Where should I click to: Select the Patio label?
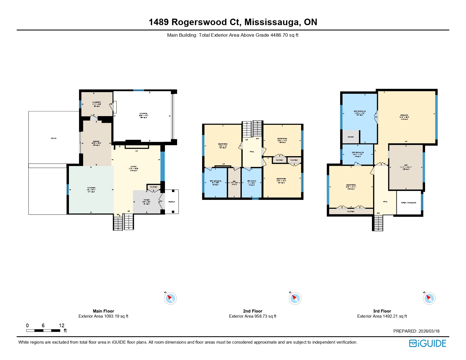(54, 138)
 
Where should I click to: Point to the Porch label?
(172, 202)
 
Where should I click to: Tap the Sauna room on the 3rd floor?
(350, 137)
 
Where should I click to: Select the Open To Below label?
(408, 203)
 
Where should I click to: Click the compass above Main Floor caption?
(170, 298)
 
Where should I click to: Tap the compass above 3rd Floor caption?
(429, 298)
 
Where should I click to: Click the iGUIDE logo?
(428, 343)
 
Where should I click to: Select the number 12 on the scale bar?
(62, 325)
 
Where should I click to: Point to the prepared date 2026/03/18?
(429, 331)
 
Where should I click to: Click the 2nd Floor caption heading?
(252, 311)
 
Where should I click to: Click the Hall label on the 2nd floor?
(252, 152)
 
